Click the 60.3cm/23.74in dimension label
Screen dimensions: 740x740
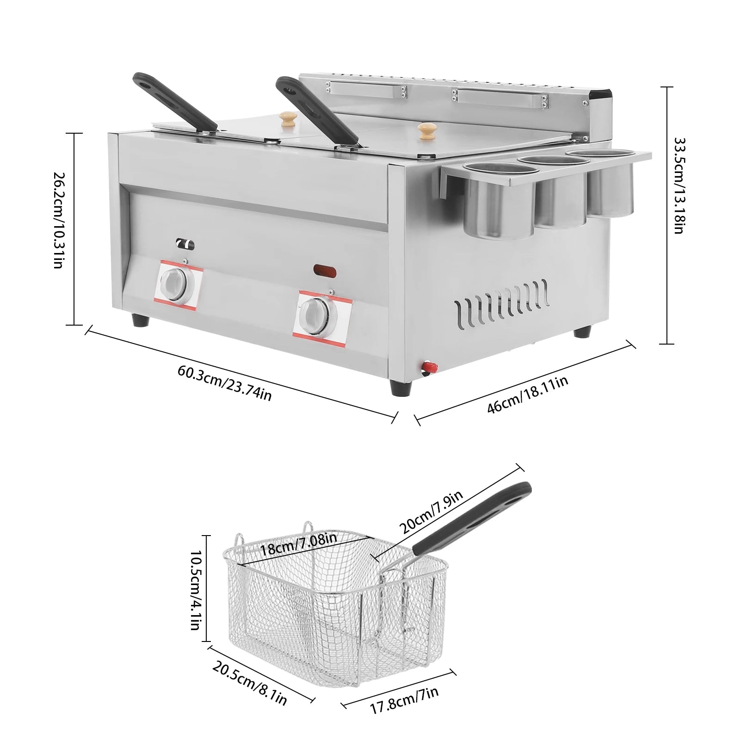tap(224, 383)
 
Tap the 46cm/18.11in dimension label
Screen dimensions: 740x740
tap(527, 395)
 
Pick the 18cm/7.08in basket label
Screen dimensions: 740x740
tap(299, 546)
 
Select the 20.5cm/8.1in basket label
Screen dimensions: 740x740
tap(250, 683)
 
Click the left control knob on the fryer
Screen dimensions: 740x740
tap(174, 282)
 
